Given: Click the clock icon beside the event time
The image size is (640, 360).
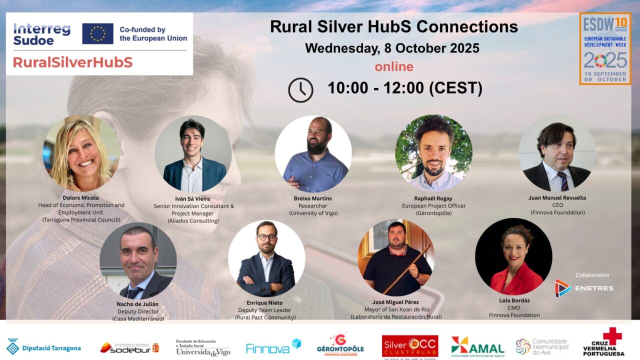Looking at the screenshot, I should pyautogui.click(x=300, y=90).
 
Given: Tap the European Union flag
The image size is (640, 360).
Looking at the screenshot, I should pyautogui.click(x=97, y=33).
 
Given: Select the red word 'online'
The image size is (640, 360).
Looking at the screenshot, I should pyautogui.click(x=394, y=66).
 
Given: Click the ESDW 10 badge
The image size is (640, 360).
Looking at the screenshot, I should pyautogui.click(x=604, y=48).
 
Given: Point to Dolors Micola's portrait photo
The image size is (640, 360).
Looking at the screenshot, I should pyautogui.click(x=81, y=153).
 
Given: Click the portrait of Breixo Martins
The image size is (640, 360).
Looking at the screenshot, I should pyautogui.click(x=313, y=154).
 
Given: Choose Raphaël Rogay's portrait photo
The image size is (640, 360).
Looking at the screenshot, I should pyautogui.click(x=433, y=153).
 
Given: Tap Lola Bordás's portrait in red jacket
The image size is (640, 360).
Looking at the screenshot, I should pyautogui.click(x=513, y=256).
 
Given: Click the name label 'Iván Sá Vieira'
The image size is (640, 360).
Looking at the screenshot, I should pyautogui.click(x=193, y=198).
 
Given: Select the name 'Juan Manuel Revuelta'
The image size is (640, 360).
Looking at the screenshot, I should pyautogui.click(x=557, y=197).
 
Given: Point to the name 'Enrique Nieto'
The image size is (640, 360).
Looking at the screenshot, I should pyautogui.click(x=264, y=302).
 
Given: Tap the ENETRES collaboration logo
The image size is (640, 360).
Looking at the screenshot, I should pyautogui.click(x=584, y=288).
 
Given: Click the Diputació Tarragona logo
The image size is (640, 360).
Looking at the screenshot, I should pyautogui.click(x=43, y=347).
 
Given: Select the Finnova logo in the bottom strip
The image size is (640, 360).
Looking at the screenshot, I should pyautogui.click(x=273, y=347).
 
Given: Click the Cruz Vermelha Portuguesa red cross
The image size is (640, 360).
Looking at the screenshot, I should pyautogui.click(x=612, y=335).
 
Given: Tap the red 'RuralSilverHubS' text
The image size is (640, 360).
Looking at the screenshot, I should pyautogui.click(x=72, y=62).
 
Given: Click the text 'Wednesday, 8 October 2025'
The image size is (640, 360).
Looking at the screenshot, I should pyautogui.click(x=392, y=48).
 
